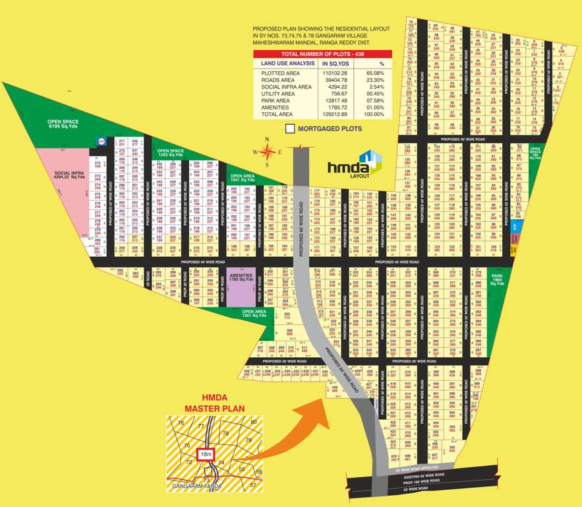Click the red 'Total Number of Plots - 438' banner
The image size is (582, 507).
322,53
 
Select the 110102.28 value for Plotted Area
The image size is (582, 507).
334,73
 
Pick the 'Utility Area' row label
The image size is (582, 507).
277,94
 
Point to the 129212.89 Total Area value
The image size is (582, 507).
334,114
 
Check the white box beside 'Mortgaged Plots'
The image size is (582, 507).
290,129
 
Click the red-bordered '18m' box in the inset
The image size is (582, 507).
206,454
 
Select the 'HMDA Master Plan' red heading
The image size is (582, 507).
214,402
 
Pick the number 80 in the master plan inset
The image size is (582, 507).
253,421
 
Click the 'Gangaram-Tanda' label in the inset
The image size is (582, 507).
196,486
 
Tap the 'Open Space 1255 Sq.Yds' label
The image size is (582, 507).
170,152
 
